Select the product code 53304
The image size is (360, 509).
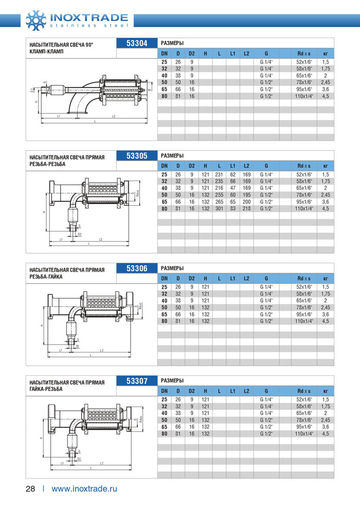pos(137,43)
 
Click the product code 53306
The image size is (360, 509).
pos(137,268)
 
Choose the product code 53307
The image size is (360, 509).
pos(137,381)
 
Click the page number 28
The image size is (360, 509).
pos(30,488)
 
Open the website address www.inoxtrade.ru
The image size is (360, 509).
pos(84,488)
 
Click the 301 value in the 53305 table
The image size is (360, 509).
pos(219,209)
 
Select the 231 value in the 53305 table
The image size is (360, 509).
pos(219,174)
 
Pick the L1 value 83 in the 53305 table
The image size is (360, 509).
pos(232,209)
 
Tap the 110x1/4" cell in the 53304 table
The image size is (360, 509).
pos(304,96)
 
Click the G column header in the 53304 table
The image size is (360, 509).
pos(266,53)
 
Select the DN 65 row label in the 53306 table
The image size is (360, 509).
pos(164,314)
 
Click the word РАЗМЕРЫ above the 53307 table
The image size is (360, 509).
pos(173,380)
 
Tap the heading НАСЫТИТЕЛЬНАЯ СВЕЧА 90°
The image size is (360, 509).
pos(62,45)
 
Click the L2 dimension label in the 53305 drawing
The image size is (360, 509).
pos(101,239)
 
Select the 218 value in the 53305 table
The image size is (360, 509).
pos(246,209)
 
